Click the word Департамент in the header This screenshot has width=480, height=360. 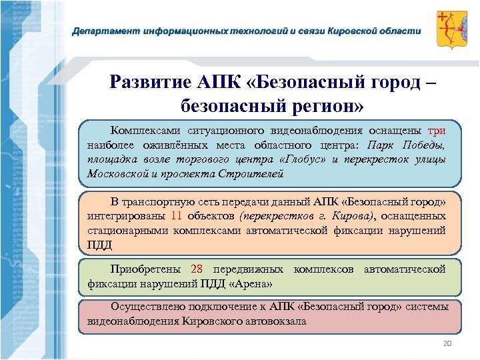pos(101,31)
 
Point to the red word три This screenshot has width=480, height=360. pos(437,131)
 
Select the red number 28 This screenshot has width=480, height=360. pos(196,269)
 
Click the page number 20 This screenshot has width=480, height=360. pos(447,343)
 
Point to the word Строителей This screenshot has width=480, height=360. pos(257,174)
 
